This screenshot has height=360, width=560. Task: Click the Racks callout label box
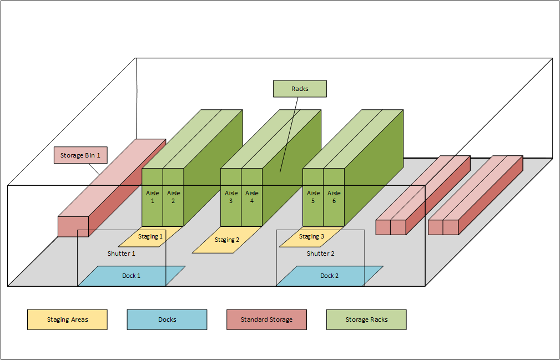tap(300, 89)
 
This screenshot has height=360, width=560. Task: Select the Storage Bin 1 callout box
tap(80, 155)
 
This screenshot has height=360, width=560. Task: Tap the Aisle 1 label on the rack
tap(153, 197)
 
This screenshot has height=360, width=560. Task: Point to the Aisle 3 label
tap(231, 197)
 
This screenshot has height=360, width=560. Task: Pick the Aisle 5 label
tap(314, 197)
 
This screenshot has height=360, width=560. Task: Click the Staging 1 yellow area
tap(150, 237)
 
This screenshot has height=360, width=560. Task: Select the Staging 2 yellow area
tap(226, 240)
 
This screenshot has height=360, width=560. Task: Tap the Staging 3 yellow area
tap(311, 237)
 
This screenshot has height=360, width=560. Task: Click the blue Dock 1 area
tap(131, 276)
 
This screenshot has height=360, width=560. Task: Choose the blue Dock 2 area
tap(329, 276)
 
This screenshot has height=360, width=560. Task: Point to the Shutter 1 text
tap(122, 253)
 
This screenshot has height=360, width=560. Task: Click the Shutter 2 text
tap(321, 253)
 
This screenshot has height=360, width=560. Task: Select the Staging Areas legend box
tap(67, 320)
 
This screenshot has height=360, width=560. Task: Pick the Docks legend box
tap(167, 320)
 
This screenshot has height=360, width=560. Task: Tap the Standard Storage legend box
tap(266, 320)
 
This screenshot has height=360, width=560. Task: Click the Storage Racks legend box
tap(366, 320)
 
